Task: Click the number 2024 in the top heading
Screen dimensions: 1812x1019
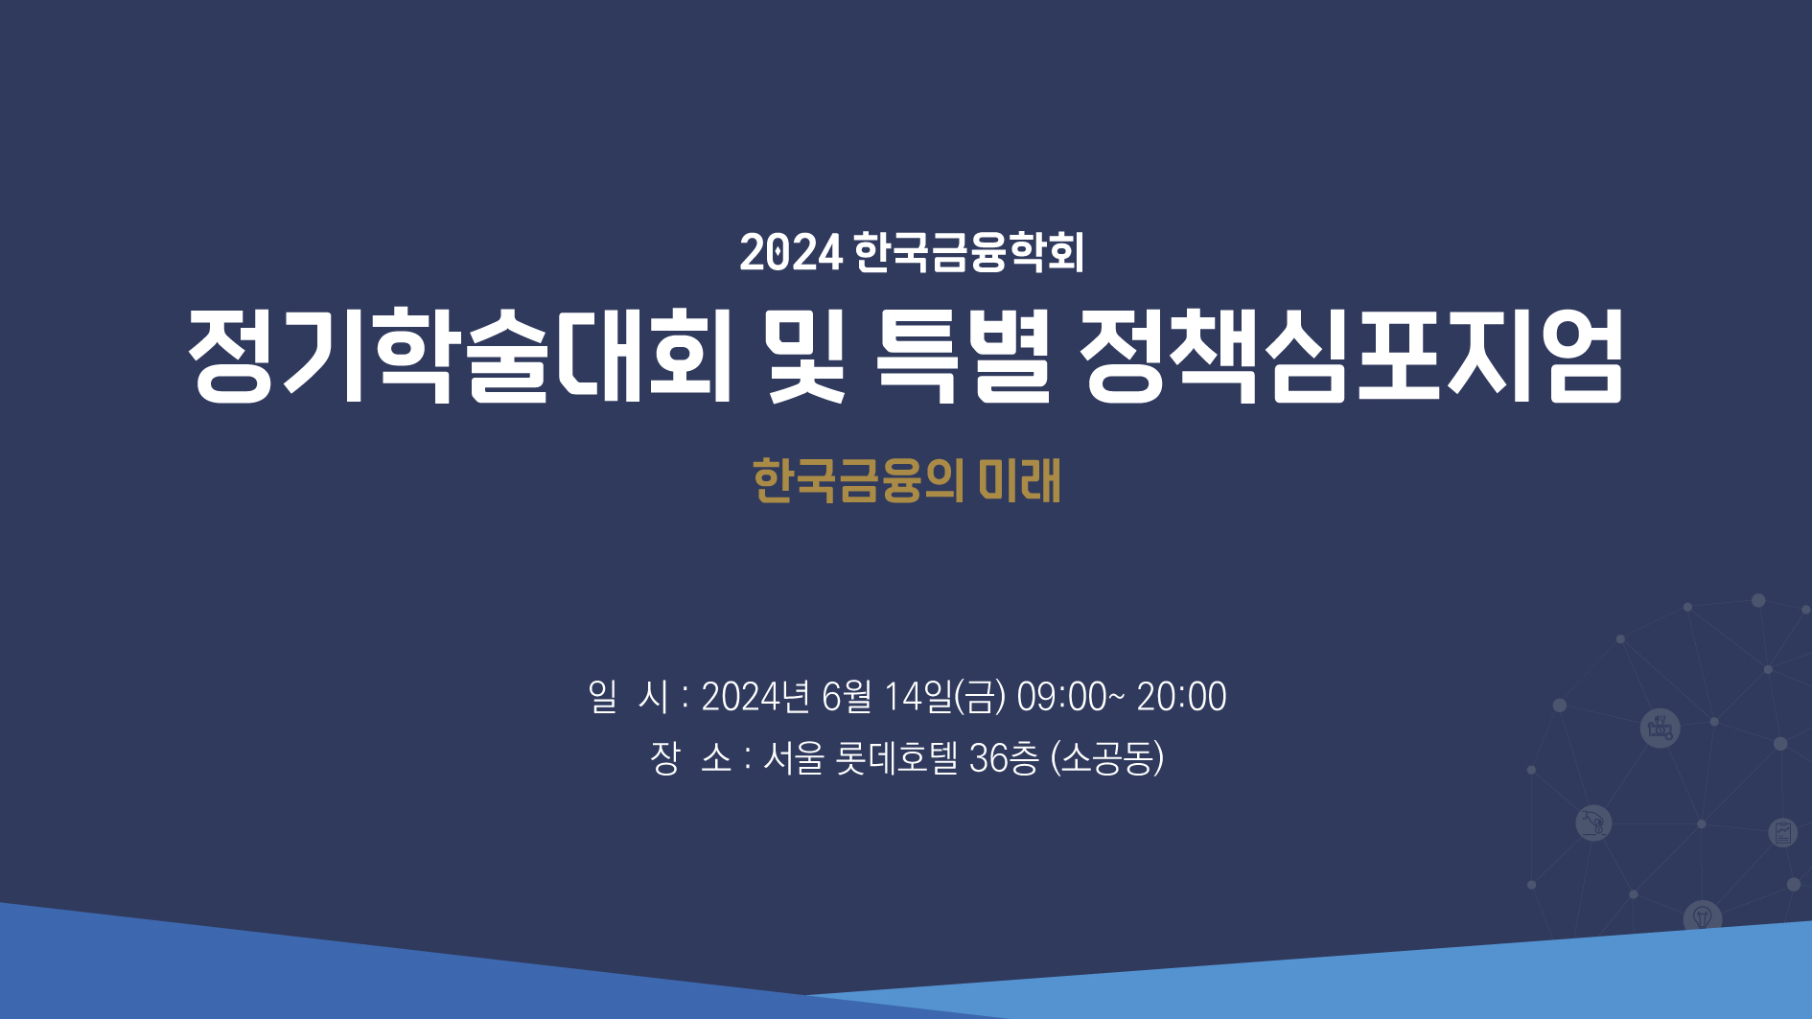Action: [791, 253]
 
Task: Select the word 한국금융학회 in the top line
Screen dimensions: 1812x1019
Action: [968, 252]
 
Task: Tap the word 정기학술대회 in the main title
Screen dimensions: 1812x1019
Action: [460, 355]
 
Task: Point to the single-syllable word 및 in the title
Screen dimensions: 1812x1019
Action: [806, 355]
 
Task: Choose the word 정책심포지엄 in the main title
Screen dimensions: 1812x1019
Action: [1352, 355]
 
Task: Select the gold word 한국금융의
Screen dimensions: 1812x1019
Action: [858, 480]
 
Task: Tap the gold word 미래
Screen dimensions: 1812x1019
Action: [1019, 480]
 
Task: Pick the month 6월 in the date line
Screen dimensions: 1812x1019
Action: [847, 697]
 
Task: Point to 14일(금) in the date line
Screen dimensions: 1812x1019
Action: [944, 697]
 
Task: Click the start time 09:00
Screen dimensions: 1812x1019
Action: [1061, 697]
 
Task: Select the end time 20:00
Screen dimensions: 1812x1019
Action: [1181, 697]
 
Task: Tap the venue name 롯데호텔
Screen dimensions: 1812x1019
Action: [896, 758]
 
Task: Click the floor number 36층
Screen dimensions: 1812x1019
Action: [1004, 758]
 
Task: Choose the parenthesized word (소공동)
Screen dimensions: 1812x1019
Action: [1107, 758]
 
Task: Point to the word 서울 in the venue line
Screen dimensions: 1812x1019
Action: [794, 758]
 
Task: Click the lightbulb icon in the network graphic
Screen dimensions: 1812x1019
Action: [1703, 916]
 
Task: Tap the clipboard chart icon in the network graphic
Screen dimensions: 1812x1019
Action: [1783, 832]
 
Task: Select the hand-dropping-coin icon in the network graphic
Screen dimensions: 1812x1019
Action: [1593, 822]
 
